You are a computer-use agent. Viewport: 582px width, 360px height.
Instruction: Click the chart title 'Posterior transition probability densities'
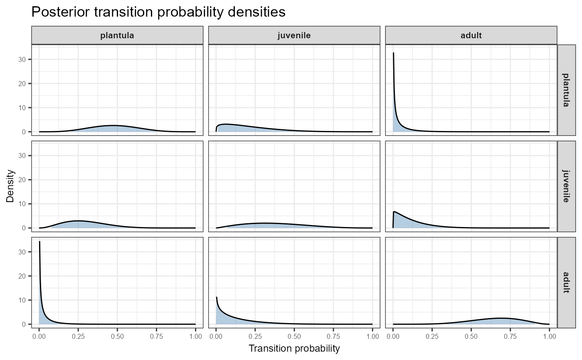(x=158, y=12)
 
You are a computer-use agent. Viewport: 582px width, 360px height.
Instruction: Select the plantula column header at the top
(x=117, y=35)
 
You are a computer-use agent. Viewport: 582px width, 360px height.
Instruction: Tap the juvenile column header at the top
(x=294, y=35)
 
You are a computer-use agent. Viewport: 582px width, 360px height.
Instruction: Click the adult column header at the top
(x=471, y=35)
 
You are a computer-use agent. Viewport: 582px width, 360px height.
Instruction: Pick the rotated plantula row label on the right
(x=566, y=90)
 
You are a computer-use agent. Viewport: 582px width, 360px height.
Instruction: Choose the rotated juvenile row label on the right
(x=566, y=186)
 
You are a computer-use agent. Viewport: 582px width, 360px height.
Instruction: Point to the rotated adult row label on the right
(x=566, y=282)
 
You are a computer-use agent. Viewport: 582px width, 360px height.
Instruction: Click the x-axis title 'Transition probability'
(x=294, y=348)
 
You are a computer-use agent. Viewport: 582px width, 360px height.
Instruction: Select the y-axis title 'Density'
(x=10, y=186)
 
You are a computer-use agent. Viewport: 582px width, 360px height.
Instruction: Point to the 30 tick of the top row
(x=24, y=59)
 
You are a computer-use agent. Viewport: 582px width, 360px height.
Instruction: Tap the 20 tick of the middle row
(x=24, y=180)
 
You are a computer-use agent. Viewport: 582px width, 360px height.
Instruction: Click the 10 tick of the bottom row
(x=24, y=300)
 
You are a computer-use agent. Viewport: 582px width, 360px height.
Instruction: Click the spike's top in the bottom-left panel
(x=39, y=242)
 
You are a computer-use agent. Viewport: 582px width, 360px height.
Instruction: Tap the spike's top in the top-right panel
(x=393, y=53)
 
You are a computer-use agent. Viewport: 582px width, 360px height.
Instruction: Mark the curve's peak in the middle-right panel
(x=395, y=212)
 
